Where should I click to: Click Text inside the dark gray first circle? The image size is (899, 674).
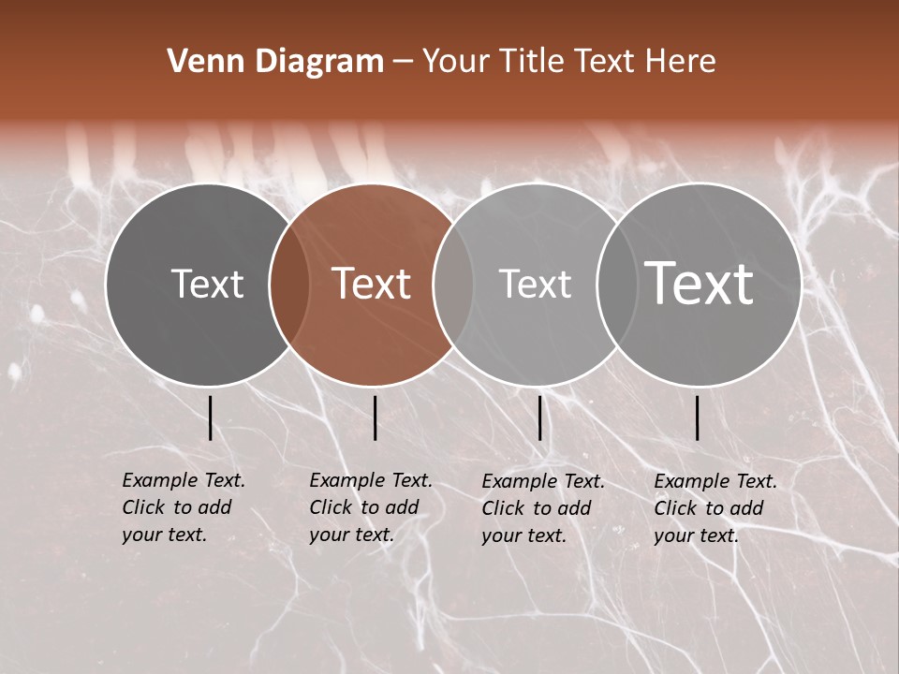pos(207,284)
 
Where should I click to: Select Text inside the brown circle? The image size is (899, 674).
pos(372,284)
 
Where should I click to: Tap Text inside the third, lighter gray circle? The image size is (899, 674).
pos(535,284)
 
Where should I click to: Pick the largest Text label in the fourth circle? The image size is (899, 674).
pos(700,284)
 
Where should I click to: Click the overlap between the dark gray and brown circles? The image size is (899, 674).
pos(289,285)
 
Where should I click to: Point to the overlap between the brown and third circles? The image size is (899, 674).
pos(453,285)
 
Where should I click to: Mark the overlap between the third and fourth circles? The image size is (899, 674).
pos(616,285)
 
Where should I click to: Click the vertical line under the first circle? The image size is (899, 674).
pos(210,418)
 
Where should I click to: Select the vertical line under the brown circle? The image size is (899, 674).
pos(375,418)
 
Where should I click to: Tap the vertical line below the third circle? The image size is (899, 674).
pos(539,418)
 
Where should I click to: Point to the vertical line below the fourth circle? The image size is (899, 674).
pos(697,418)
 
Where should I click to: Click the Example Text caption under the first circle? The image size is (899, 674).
pos(184,508)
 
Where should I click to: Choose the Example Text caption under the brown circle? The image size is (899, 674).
pos(371,508)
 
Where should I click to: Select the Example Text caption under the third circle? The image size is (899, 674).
pos(543,509)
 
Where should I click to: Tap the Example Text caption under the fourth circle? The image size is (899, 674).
pos(715,509)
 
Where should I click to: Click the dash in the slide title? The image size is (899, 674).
pos(403,62)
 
